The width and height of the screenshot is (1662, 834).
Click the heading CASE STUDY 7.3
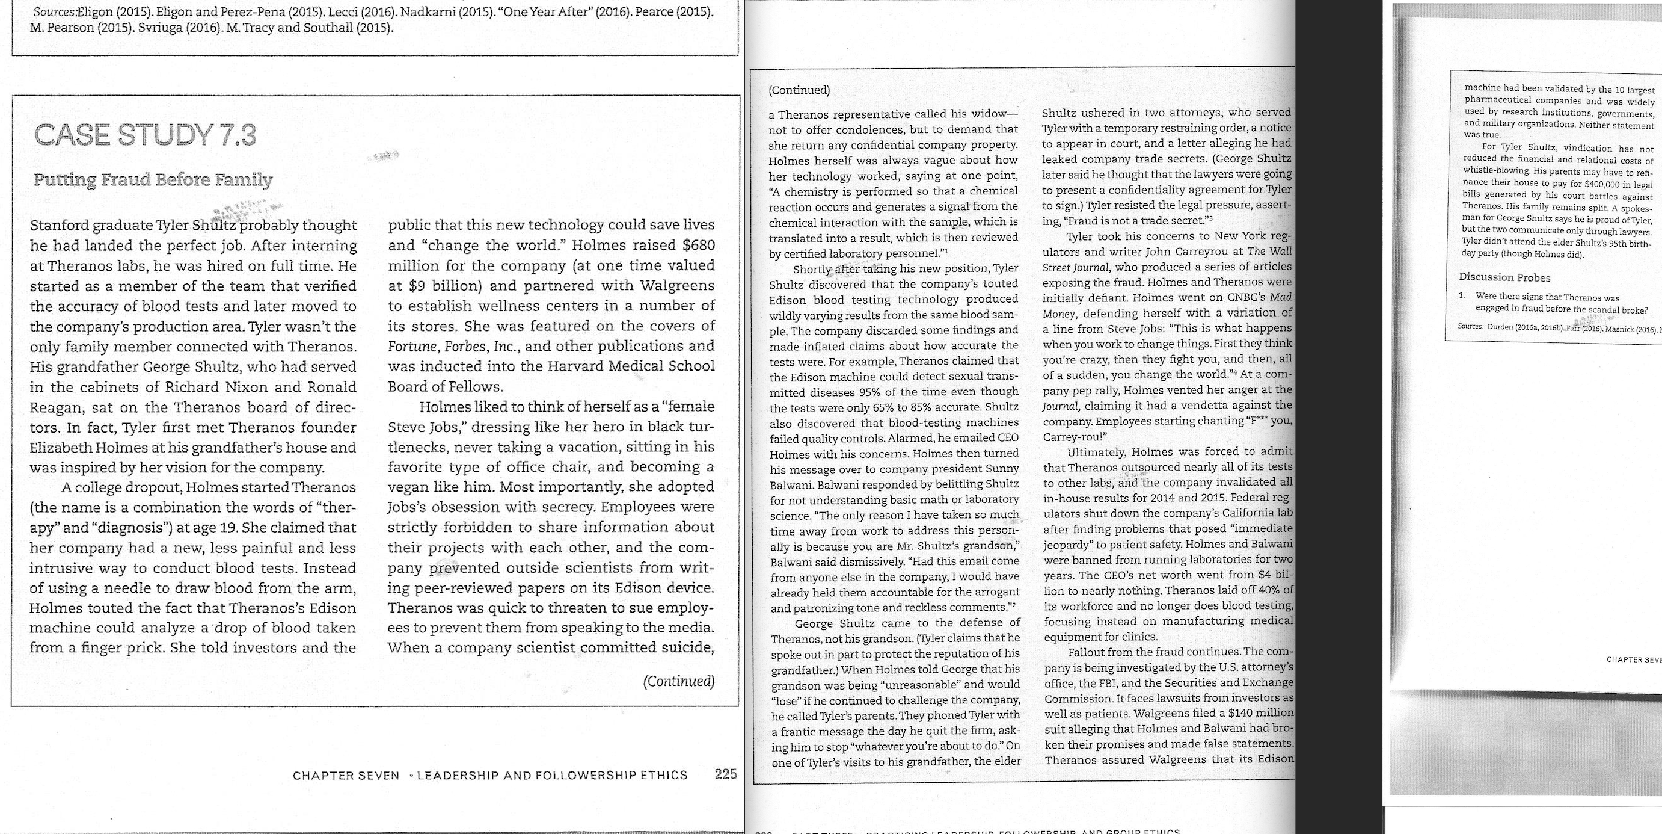pyautogui.click(x=144, y=135)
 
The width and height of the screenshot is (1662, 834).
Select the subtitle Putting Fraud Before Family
pyautogui.click(x=153, y=179)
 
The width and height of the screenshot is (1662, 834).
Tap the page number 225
pyautogui.click(x=725, y=774)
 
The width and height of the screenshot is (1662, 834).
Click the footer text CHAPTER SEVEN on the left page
pyautogui.click(x=346, y=775)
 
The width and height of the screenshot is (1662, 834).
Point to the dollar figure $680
pyautogui.click(x=698, y=246)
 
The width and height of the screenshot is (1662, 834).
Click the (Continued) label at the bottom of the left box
pyautogui.click(x=679, y=681)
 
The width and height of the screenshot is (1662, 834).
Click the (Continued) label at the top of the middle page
pyautogui.click(x=799, y=90)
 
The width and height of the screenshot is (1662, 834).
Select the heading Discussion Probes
pyautogui.click(x=1504, y=277)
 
